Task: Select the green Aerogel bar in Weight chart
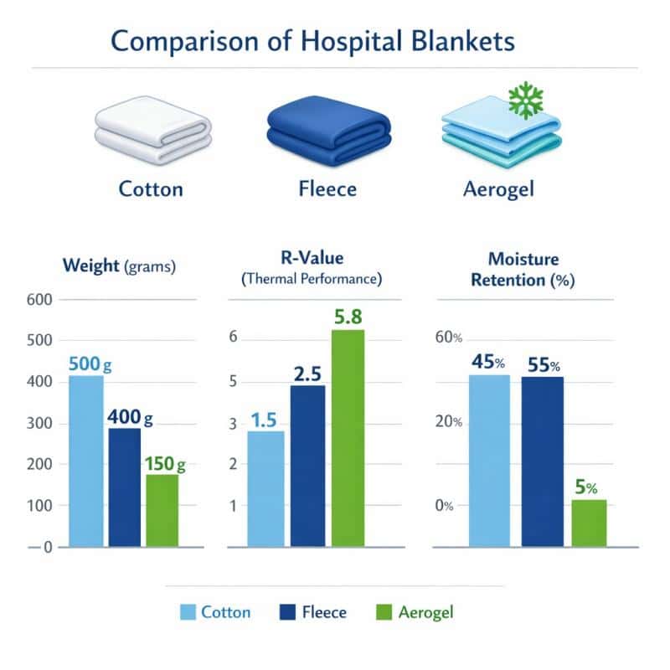coord(162,510)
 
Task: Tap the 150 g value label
coord(163,463)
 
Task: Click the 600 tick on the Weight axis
coord(39,300)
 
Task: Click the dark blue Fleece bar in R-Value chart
coord(307,466)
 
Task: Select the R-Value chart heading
coord(312,260)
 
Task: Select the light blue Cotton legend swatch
coord(188,613)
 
